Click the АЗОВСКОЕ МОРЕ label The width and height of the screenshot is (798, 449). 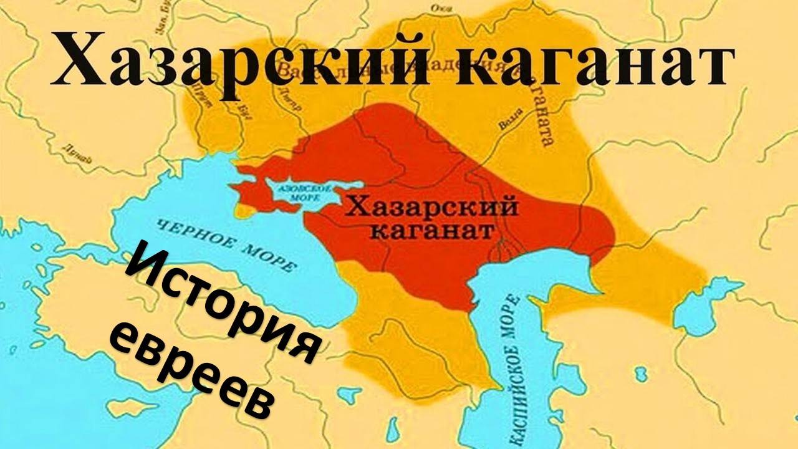tap(297, 191)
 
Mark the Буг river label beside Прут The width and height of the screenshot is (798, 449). tap(233, 112)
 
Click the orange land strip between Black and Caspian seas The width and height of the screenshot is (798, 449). tap(399, 324)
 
